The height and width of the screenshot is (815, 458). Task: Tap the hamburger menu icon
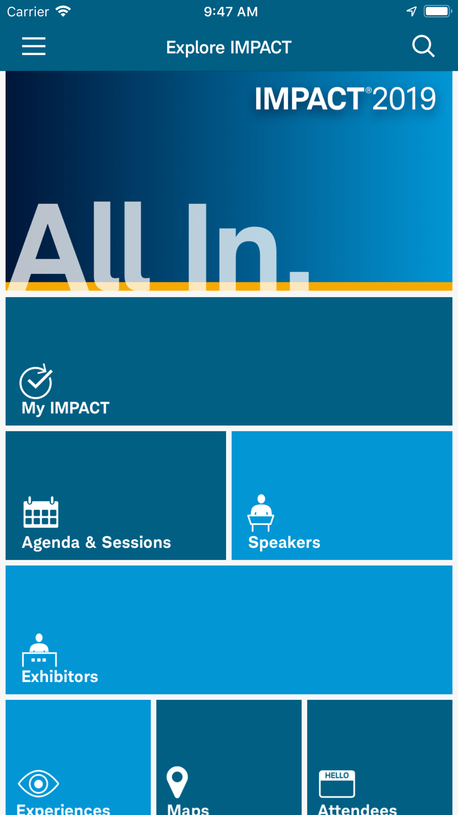[33, 46]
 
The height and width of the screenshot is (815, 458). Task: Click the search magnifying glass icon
[423, 46]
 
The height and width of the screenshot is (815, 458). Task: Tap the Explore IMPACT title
[229, 47]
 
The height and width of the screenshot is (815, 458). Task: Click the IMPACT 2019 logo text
[345, 99]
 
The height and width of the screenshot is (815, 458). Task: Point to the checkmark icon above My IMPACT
[36, 382]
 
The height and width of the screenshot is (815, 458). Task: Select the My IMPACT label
[65, 408]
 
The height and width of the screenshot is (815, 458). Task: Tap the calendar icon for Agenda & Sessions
[41, 512]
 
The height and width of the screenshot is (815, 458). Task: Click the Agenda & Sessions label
[96, 542]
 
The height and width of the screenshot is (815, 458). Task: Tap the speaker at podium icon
[261, 513]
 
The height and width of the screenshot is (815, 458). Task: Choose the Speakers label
[284, 542]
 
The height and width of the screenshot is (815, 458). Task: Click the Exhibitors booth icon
[39, 650]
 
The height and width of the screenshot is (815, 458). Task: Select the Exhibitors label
[60, 677]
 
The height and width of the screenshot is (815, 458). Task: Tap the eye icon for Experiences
[38, 783]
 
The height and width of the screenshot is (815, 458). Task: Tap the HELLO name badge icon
[337, 784]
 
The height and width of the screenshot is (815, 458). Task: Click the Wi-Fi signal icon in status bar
[63, 11]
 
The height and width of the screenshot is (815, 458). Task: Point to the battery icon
[438, 11]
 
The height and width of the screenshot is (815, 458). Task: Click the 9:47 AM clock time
[231, 11]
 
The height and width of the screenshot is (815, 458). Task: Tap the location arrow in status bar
[412, 11]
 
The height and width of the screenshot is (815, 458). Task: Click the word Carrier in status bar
[28, 11]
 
